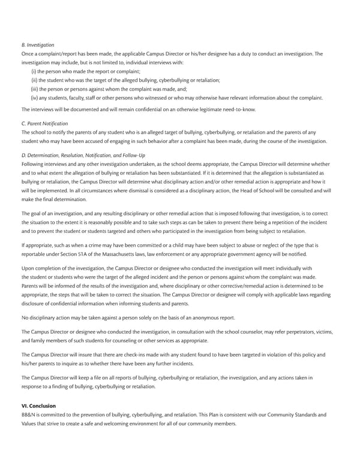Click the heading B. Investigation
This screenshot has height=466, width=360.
click(x=38, y=45)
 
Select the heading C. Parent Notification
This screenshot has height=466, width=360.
click(x=44, y=124)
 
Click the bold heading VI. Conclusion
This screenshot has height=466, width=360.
click(x=38, y=406)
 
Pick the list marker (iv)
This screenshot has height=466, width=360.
click(x=35, y=97)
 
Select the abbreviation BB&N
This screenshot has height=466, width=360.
click(x=28, y=415)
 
